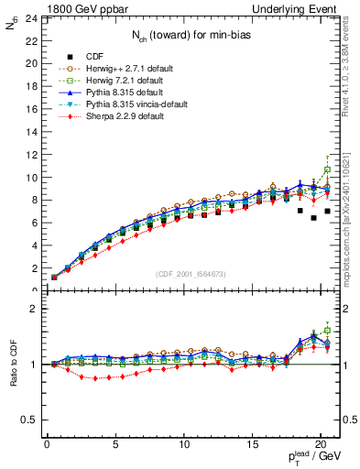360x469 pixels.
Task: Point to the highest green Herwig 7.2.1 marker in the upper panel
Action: click(x=327, y=169)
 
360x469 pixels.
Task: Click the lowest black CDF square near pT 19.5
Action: click(x=313, y=218)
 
